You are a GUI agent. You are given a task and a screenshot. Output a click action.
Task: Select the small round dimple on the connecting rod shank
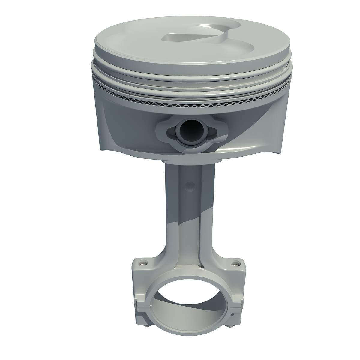(189, 186)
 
